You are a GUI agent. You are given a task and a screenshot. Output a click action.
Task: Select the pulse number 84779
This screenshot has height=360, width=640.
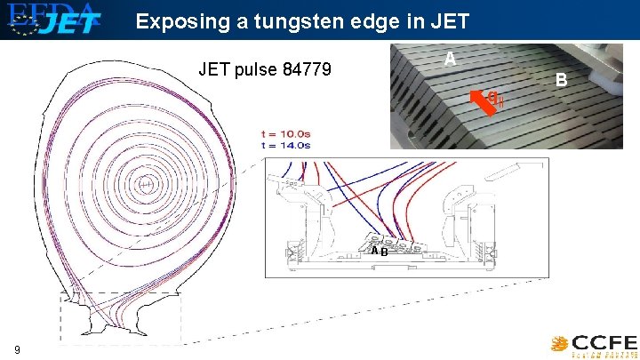click(x=302, y=68)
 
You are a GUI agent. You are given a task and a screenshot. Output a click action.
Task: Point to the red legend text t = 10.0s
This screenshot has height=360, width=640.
click(x=285, y=134)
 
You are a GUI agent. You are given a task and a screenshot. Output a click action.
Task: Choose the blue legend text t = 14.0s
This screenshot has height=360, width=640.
click(x=285, y=143)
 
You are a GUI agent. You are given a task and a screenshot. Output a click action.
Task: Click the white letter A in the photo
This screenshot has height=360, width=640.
click(x=450, y=59)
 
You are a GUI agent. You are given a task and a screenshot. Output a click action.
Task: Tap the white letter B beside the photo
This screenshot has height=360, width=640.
click(x=561, y=80)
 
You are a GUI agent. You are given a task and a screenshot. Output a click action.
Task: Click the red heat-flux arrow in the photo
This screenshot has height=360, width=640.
click(x=482, y=101)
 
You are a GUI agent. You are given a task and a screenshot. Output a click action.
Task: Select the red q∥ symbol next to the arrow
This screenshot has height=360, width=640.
click(x=498, y=100)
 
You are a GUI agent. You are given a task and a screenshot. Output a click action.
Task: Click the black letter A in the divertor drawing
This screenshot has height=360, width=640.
click(x=375, y=252)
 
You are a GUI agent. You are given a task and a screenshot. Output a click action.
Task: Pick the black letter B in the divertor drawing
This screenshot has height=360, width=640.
click(x=383, y=252)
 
